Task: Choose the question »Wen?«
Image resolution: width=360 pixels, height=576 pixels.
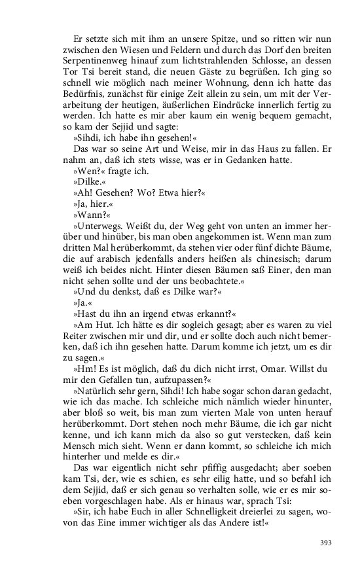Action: pos(91,171)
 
